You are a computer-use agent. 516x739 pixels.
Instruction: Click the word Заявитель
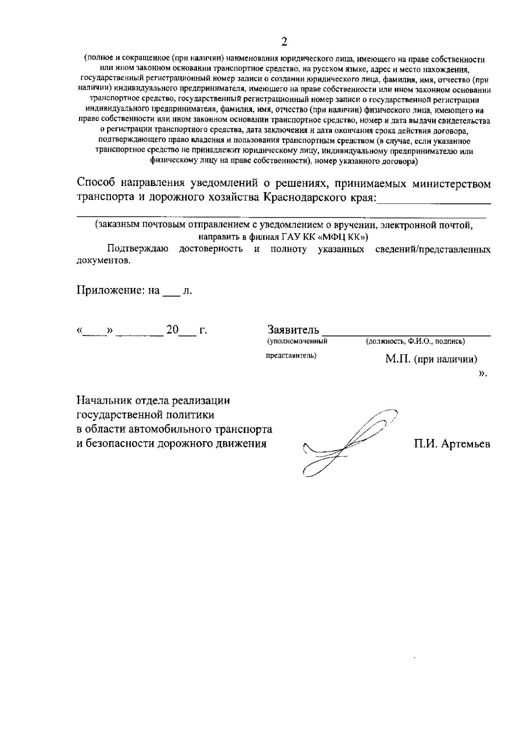(x=293, y=330)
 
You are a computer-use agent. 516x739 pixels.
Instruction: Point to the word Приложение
(x=111, y=291)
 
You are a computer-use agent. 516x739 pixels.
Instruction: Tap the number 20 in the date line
(x=172, y=330)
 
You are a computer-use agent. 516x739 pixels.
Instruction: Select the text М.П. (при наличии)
(x=431, y=359)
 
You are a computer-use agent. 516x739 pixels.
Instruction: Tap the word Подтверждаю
(x=138, y=249)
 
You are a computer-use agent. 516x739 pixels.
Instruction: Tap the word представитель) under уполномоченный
(x=291, y=356)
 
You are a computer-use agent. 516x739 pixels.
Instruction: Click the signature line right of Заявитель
(x=406, y=334)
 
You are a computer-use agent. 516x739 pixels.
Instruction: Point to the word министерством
(x=451, y=184)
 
